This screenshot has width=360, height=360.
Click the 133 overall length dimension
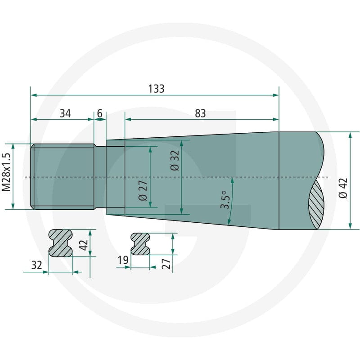click(156, 89)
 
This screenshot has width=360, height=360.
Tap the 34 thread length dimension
click(65, 113)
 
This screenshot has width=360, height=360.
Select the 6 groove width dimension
click(99, 113)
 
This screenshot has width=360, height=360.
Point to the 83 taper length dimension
click(200, 113)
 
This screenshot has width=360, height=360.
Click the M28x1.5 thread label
click(6, 172)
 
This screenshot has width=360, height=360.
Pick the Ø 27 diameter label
click(143, 190)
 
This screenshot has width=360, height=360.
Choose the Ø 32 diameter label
click(175, 161)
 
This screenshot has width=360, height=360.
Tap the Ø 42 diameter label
click(343, 188)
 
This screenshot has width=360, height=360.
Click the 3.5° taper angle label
click(225, 199)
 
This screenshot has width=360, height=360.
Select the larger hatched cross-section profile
click(60, 243)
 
